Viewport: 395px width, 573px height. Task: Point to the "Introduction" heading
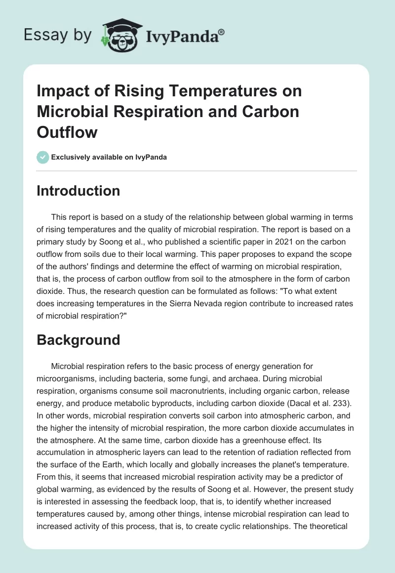tap(78, 191)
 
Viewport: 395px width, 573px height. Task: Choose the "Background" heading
tap(78, 340)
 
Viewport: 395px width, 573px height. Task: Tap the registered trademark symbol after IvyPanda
tap(222, 32)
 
